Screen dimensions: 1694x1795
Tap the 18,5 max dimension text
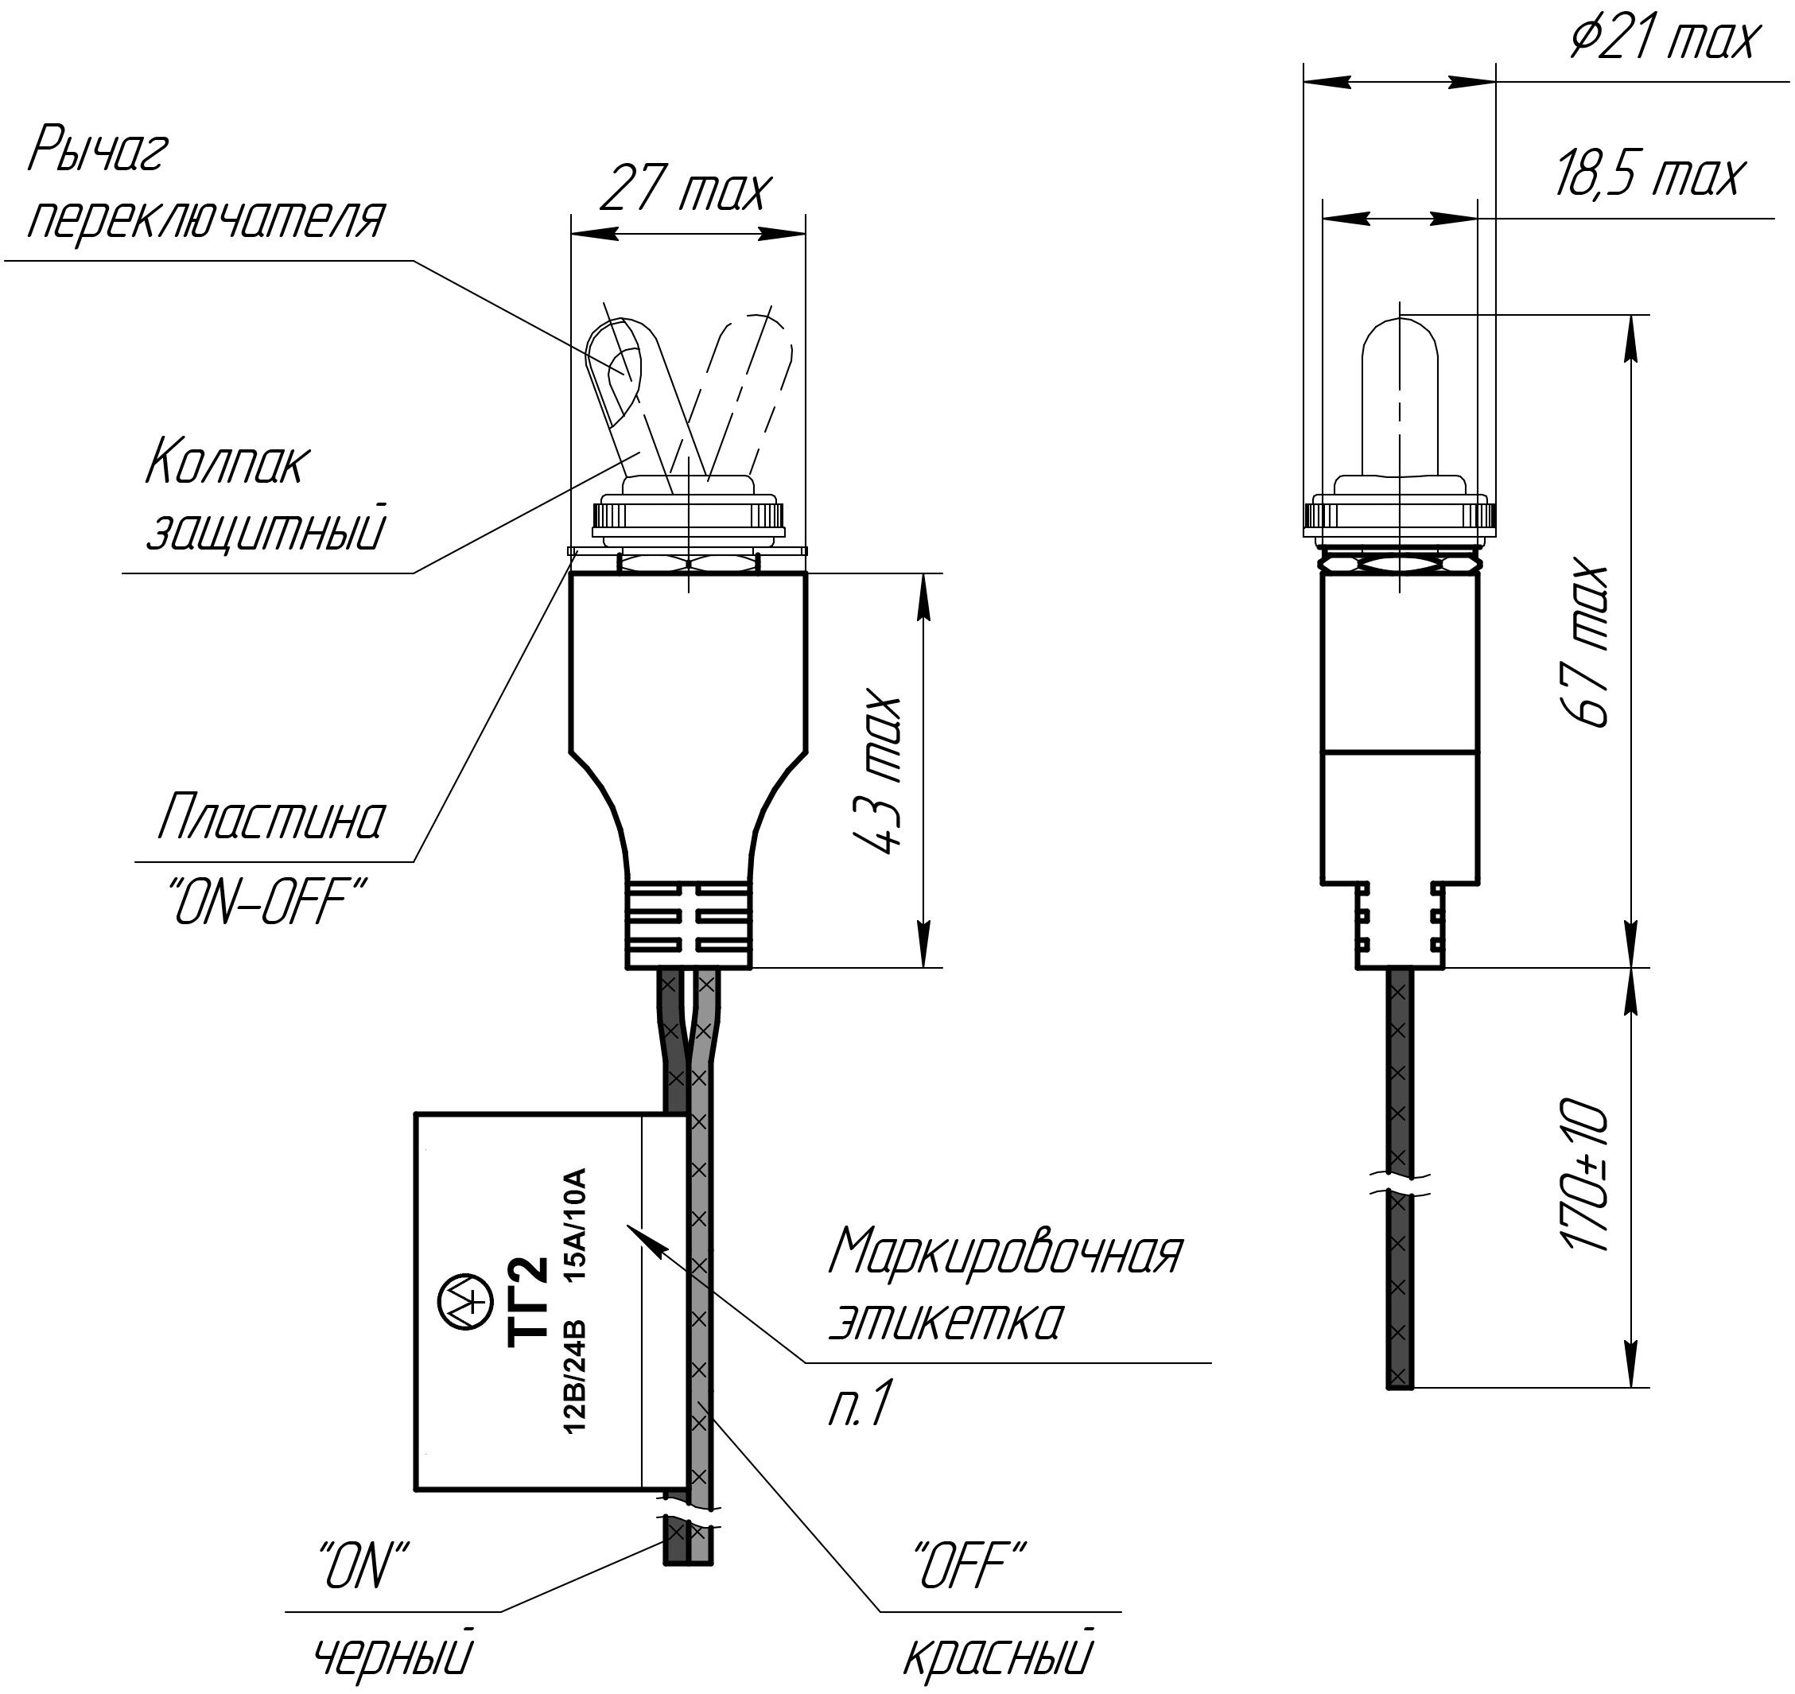coord(1649,175)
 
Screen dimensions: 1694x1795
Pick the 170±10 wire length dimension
coord(1586,1174)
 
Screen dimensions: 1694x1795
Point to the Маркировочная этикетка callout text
coord(1004,1286)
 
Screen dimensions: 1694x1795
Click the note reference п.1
coord(860,1405)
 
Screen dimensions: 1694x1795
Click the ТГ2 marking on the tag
coord(527,1301)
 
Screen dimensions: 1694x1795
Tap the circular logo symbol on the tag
coord(462,1301)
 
